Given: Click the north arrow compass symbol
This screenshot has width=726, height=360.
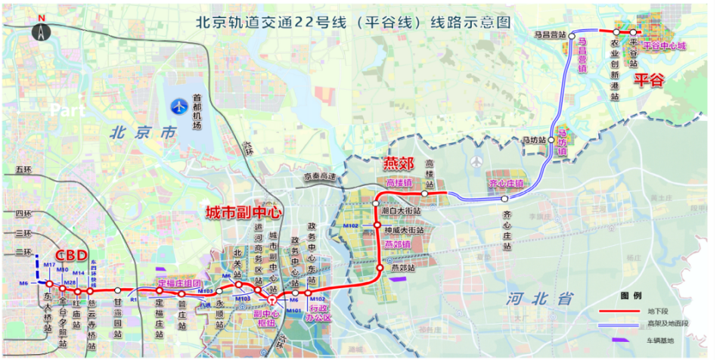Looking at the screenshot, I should pyautogui.click(x=41, y=31).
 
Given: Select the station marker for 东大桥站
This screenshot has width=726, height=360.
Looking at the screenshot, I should pyautogui.click(x=49, y=284).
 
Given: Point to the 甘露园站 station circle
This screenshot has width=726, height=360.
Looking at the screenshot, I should pyautogui.click(x=117, y=290).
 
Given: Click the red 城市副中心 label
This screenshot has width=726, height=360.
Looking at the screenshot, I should pyautogui.click(x=244, y=214).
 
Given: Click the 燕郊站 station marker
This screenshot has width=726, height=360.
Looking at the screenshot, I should pyautogui.click(x=380, y=267).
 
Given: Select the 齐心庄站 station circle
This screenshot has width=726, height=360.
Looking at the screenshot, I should pyautogui.click(x=505, y=199).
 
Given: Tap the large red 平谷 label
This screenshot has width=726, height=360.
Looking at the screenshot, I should pyautogui.click(x=648, y=79).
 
